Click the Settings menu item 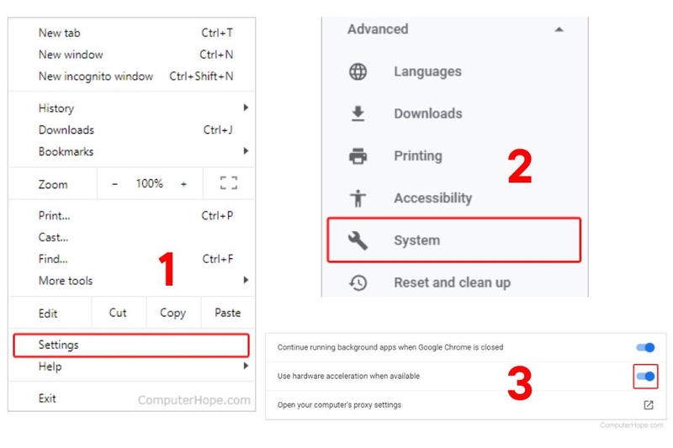tap(59, 345)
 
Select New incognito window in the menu tap(96, 76)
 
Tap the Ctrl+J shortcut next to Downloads tap(218, 130)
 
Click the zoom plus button tap(183, 183)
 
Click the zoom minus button tap(115, 183)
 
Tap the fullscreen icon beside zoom tap(228, 183)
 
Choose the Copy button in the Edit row tap(172, 313)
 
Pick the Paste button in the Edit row tap(227, 313)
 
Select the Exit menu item tap(47, 398)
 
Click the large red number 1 tap(167, 269)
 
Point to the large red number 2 tap(519, 167)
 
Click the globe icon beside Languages tap(358, 71)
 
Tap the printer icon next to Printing tap(358, 155)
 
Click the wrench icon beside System tap(358, 240)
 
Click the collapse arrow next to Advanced tap(559, 29)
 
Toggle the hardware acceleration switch tap(645, 376)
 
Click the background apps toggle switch tap(645, 347)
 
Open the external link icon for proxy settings tap(649, 404)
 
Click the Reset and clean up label tap(452, 282)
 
